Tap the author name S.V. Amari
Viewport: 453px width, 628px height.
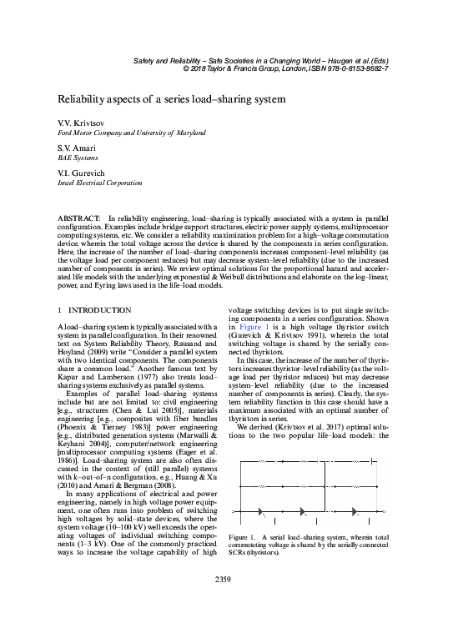(76, 148)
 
